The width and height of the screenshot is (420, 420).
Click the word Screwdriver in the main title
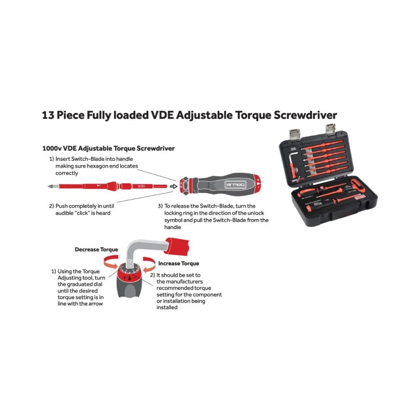pos(305,115)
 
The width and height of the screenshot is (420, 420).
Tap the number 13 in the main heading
pos(48,115)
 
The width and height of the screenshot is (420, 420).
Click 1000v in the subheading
pos(52,148)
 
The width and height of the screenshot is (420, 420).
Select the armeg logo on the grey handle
pos(236,184)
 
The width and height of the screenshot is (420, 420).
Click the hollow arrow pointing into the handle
pos(173,186)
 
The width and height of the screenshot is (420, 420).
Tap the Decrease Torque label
pos(97,249)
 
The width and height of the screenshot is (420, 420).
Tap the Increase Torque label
pos(178,263)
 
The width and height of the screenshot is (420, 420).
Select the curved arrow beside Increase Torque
pos(149,264)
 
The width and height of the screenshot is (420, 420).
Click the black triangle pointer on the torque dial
pos(130,277)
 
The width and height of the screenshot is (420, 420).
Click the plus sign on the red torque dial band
pos(125,277)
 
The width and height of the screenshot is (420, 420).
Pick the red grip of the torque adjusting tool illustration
pos(177,246)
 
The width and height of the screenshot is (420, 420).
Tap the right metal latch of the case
pos(331,129)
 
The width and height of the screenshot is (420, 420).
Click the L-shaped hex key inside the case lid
pos(293,164)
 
